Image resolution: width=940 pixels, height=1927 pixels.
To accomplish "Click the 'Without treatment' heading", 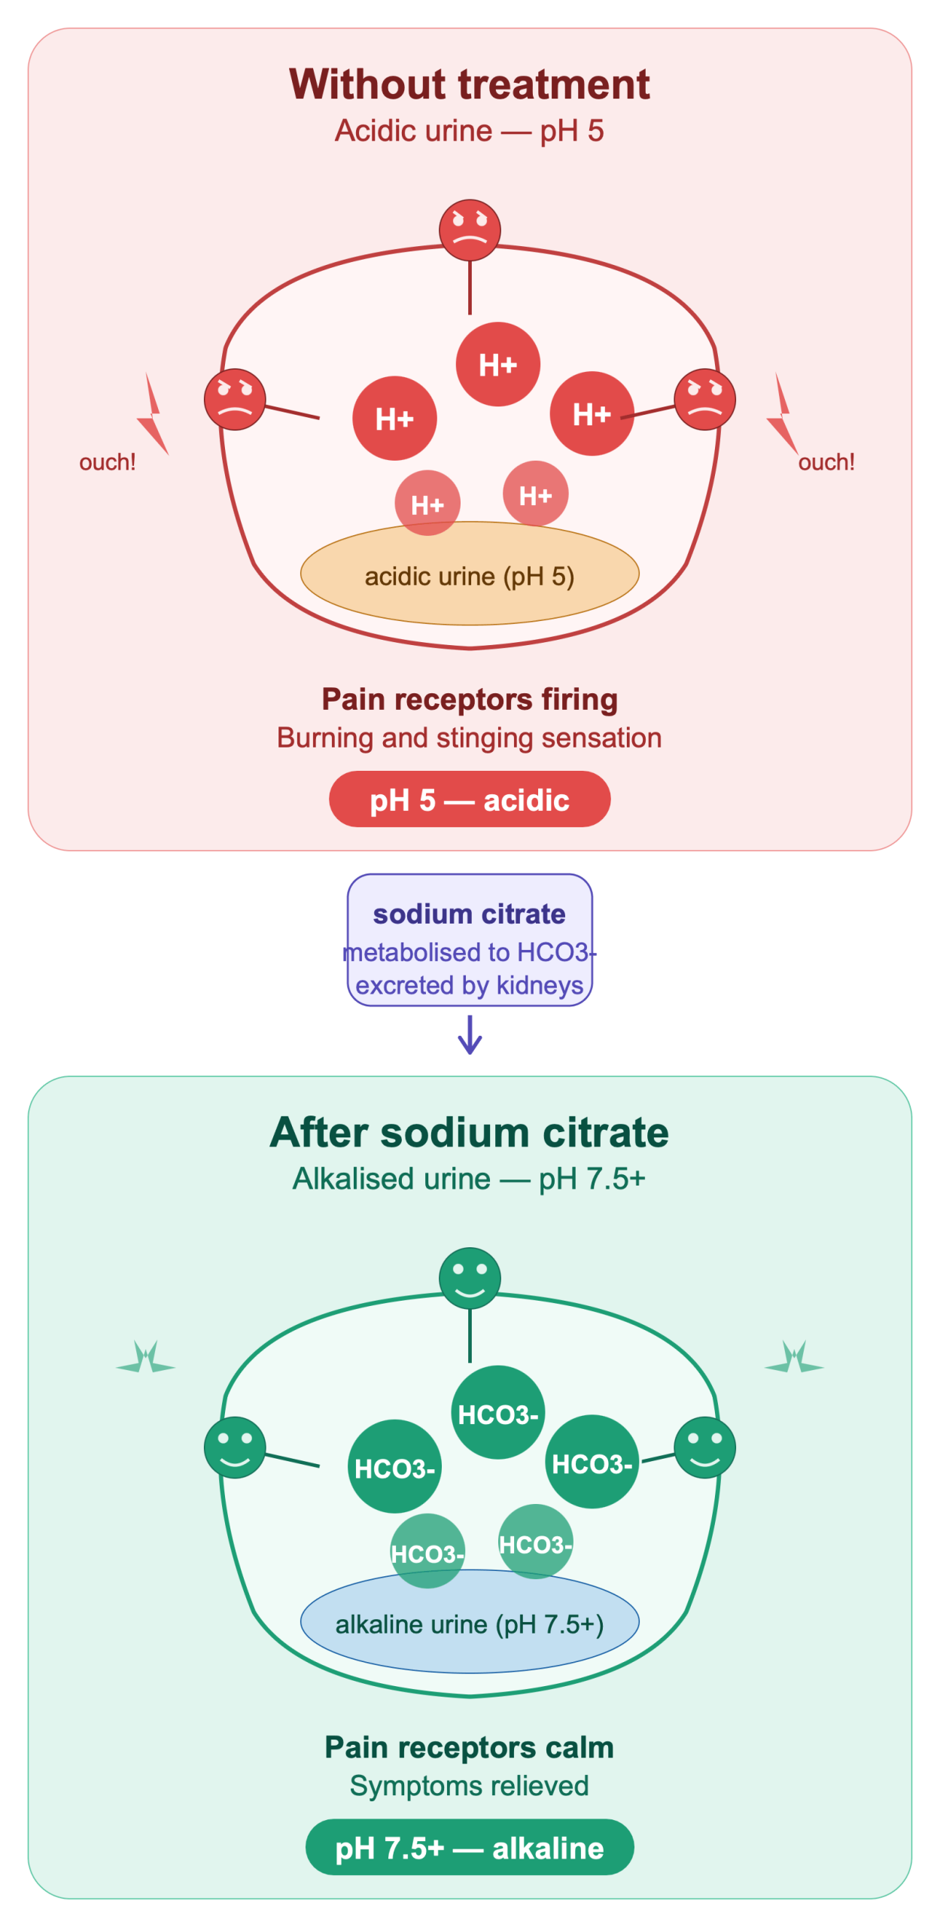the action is click(470, 84).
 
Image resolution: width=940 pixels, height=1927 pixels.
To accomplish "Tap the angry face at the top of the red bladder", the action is click(470, 229).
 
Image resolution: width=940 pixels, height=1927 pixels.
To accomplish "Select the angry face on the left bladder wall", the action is click(235, 398).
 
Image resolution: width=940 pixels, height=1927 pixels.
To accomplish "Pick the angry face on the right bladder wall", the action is click(704, 398).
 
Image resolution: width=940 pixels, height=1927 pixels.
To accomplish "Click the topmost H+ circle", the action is click(498, 364).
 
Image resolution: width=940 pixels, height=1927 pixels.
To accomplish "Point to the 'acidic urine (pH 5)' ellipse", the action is click(470, 573).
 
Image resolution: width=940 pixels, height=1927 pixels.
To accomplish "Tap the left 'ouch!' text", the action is click(108, 461).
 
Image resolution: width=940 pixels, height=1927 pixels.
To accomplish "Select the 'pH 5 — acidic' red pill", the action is click(470, 799).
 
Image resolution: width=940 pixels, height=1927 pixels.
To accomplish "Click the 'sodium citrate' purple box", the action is click(470, 939).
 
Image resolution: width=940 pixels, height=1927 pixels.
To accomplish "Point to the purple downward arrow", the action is click(470, 1034).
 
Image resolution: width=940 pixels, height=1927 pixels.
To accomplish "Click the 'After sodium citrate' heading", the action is click(470, 1131).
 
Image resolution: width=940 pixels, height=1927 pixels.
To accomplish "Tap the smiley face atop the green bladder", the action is click(470, 1277).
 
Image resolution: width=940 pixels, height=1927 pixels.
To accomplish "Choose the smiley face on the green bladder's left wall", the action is click(235, 1446).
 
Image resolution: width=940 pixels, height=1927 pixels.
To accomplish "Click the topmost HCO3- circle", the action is click(498, 1412).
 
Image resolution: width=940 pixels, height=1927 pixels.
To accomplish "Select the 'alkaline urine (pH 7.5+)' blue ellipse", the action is click(470, 1621).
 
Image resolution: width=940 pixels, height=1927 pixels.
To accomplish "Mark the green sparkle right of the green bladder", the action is click(794, 1359).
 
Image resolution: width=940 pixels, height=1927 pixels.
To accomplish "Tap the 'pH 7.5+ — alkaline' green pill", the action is click(470, 1846).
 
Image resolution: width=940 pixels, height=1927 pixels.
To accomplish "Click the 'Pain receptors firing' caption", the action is click(470, 699).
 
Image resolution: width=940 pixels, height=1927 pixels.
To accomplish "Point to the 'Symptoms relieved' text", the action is click(470, 1785).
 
